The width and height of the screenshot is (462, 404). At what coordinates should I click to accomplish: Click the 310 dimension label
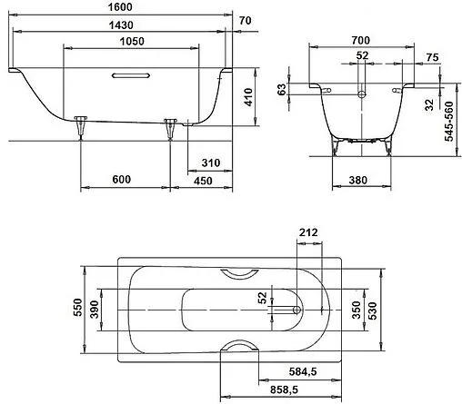pyautogui.click(x=210, y=163)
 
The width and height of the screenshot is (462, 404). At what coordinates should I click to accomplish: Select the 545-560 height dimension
pyautogui.click(x=449, y=119)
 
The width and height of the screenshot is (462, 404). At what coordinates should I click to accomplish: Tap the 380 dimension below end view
pyautogui.click(x=357, y=180)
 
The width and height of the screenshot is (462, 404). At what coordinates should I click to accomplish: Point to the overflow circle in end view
pyautogui.click(x=361, y=94)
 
